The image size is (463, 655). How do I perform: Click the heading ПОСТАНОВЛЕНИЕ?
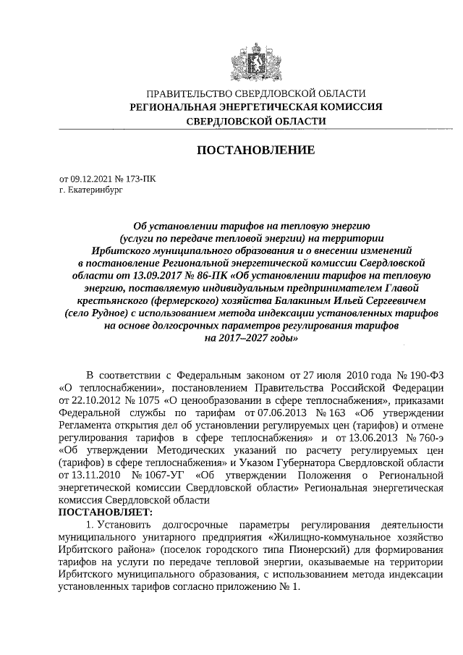pyautogui.click(x=256, y=151)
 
